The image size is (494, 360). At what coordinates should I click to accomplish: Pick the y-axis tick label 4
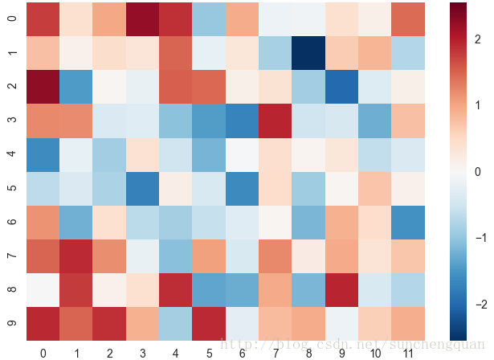coord(11,154)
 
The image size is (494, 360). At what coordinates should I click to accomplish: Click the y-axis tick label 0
coord(11,19)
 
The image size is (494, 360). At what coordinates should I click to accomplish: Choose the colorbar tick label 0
coord(480,171)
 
